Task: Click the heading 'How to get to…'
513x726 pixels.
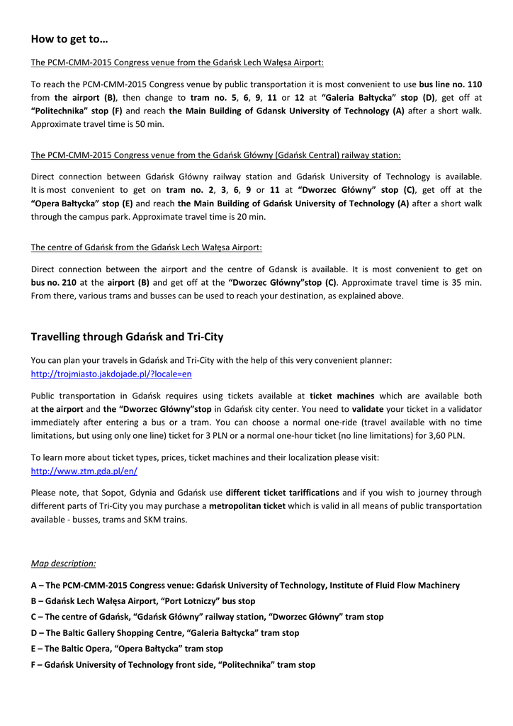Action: pyautogui.click(x=69, y=38)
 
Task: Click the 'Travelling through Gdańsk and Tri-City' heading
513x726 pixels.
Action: pyautogui.click(x=127, y=336)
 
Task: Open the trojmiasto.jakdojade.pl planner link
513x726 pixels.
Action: pyautogui.click(x=111, y=373)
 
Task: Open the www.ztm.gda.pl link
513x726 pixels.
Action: pyautogui.click(x=84, y=471)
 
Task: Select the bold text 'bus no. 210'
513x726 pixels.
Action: pyautogui.click(x=54, y=282)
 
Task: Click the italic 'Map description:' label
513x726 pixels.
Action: pyautogui.click(x=64, y=564)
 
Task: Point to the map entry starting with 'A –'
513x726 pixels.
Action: pyautogui.click(x=245, y=586)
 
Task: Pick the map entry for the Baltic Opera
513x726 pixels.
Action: pyautogui.click(x=127, y=649)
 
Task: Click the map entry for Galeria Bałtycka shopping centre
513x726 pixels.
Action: pyautogui.click(x=165, y=633)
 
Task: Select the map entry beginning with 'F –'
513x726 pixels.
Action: pyautogui.click(x=173, y=665)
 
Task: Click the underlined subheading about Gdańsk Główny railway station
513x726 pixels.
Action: pyautogui.click(x=216, y=155)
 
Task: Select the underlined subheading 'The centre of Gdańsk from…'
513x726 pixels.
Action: pyautogui.click(x=147, y=247)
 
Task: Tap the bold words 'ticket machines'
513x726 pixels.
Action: pyautogui.click(x=342, y=396)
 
